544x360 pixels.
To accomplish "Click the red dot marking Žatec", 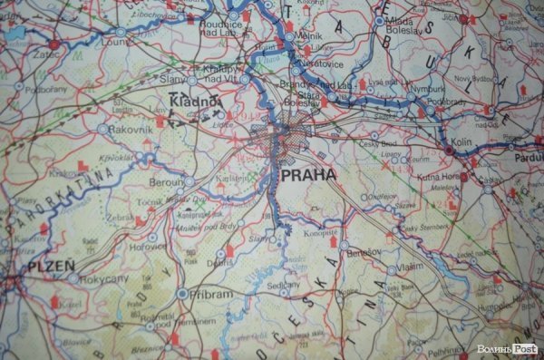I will [54, 44].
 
